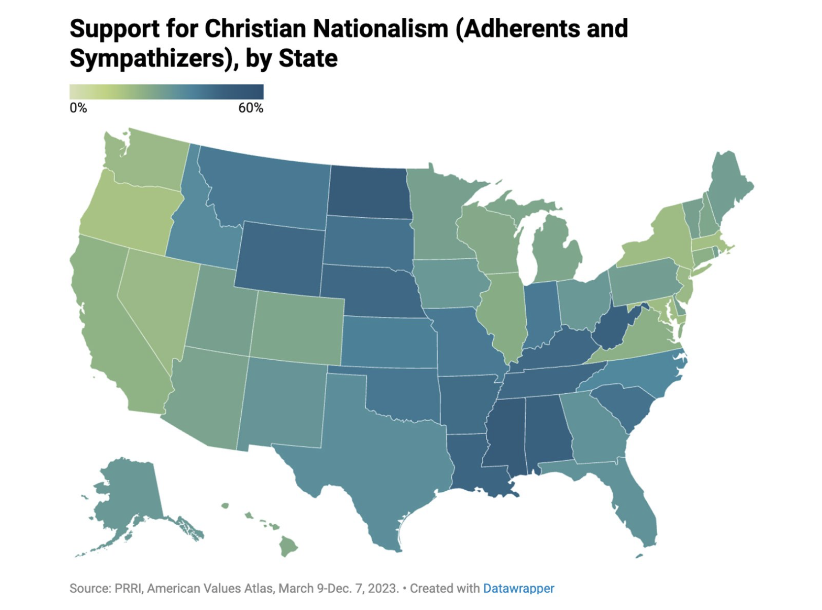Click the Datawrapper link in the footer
[518, 588]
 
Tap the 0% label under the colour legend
[78, 108]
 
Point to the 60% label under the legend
[251, 108]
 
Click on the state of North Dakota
[369, 191]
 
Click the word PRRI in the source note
[128, 588]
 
